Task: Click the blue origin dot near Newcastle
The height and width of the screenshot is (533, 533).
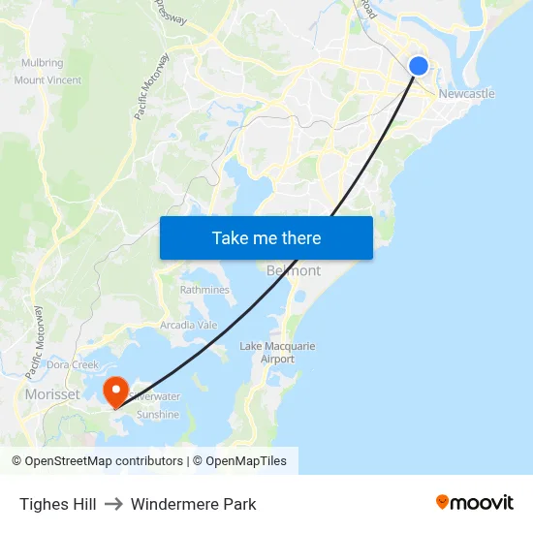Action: coord(419,65)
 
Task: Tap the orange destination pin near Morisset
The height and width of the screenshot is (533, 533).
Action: coord(116,391)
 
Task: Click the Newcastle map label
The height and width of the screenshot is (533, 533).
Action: coord(466,94)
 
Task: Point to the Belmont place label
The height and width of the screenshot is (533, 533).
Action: coord(293,270)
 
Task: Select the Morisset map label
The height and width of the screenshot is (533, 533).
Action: coord(53,394)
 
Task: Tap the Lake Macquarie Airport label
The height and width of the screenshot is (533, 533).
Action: coord(277,353)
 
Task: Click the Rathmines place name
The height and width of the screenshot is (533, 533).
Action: coord(204,290)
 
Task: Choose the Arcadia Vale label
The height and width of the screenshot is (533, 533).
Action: coord(189,325)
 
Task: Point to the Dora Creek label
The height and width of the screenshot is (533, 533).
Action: coord(73,365)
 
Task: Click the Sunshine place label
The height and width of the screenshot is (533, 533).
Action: coord(157,415)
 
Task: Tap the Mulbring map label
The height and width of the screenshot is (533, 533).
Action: coord(42,63)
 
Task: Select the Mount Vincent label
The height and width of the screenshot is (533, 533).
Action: coord(48,80)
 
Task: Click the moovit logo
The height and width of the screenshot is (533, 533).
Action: coord(474,502)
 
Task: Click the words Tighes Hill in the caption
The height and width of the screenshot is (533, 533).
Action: coord(57,504)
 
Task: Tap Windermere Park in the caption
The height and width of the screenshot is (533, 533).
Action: coord(194,504)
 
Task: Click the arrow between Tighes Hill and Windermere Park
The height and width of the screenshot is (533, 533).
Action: coord(113,504)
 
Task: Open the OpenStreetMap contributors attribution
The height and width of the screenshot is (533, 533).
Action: coord(104,461)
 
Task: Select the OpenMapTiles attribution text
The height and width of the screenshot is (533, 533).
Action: coord(246,461)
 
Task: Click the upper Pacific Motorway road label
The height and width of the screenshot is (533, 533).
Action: coord(151,86)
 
